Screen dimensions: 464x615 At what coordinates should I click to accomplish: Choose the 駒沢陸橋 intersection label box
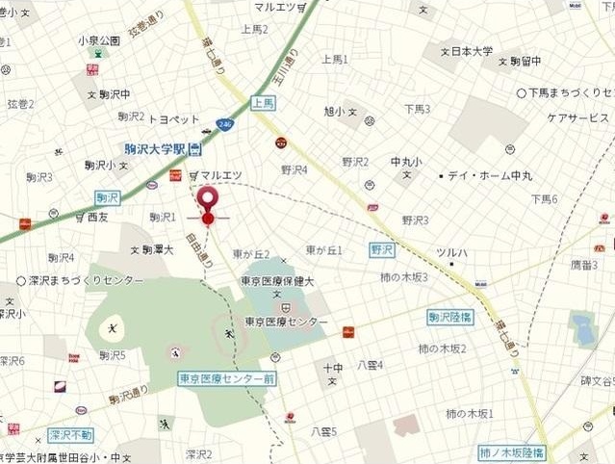[x=449, y=317]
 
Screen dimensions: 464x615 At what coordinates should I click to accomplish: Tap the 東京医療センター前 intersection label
[x=227, y=378]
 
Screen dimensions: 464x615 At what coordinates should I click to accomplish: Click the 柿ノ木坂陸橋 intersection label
[x=512, y=451]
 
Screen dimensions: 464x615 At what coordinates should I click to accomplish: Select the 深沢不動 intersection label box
[x=71, y=435]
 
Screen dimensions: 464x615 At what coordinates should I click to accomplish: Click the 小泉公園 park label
[x=99, y=41]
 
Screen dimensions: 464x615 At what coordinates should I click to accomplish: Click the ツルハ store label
[x=451, y=252]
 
